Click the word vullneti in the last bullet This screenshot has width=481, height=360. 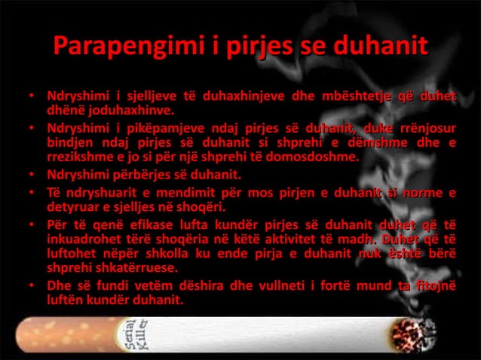[x=274, y=286]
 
